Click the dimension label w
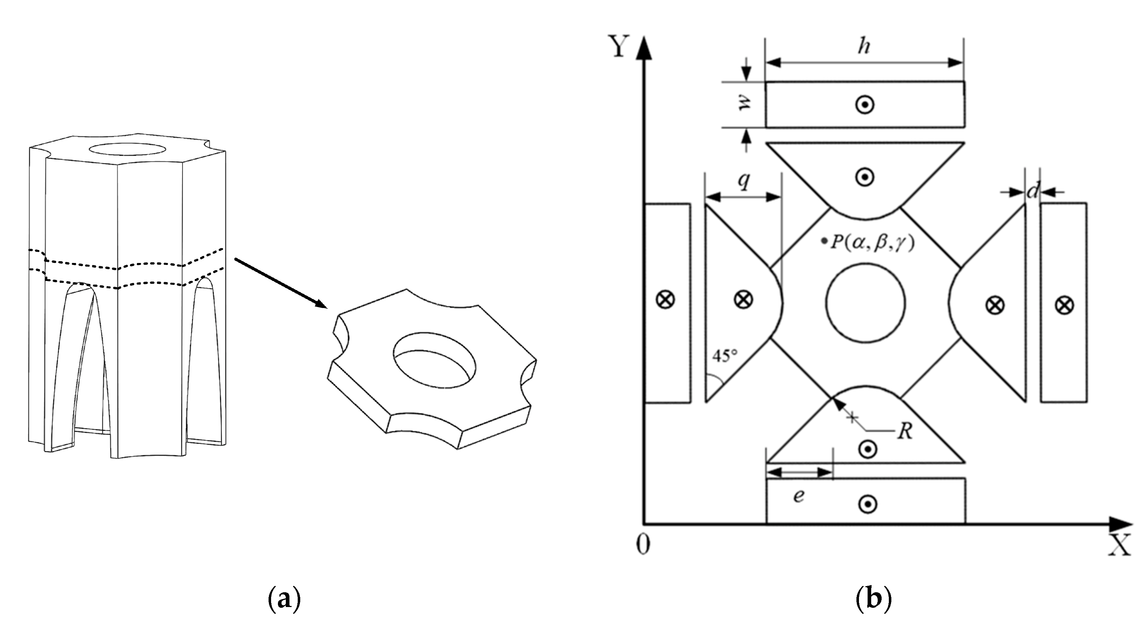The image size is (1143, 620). (744, 104)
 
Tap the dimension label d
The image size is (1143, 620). (1033, 191)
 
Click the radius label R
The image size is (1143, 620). (904, 431)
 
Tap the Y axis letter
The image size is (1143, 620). (620, 46)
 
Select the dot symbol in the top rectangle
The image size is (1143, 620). (865, 105)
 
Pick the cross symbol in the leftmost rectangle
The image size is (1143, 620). (665, 299)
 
